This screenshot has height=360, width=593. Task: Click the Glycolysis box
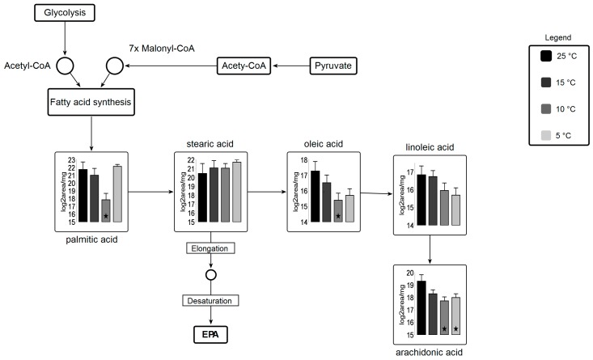[65, 13]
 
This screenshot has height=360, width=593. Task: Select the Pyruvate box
[333, 66]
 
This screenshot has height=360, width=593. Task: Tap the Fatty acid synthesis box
[91, 102]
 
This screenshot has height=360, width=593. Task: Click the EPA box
[210, 335]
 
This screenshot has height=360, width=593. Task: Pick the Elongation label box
[210, 248]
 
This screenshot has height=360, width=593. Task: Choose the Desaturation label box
[210, 301]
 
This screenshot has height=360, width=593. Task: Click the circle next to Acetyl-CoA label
[65, 66]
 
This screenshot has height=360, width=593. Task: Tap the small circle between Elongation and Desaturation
[211, 275]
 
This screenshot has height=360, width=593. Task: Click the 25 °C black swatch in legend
[546, 56]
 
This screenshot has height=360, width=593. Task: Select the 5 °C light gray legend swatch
[546, 135]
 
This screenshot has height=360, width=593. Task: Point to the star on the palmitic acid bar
[106, 216]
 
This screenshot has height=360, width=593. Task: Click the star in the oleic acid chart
[338, 216]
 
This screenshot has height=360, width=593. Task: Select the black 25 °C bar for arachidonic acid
[421, 307]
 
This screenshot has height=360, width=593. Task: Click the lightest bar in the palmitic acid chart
[117, 194]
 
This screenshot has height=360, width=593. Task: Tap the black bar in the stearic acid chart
[203, 197]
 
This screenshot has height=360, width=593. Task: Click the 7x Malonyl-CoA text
[162, 49]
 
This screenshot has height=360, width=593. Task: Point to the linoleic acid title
[430, 147]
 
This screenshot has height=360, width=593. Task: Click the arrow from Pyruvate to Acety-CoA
[291, 66]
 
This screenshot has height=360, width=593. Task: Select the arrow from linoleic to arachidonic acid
[430, 249]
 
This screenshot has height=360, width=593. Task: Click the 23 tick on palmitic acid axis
[71, 160]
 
